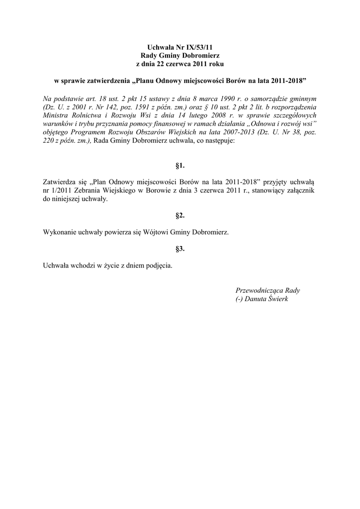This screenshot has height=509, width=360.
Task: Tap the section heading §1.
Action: [x=180, y=165]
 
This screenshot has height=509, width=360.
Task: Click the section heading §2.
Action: [x=180, y=215]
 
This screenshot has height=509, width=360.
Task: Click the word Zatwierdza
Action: [x=59, y=182]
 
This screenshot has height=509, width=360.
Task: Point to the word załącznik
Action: [x=298, y=191]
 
